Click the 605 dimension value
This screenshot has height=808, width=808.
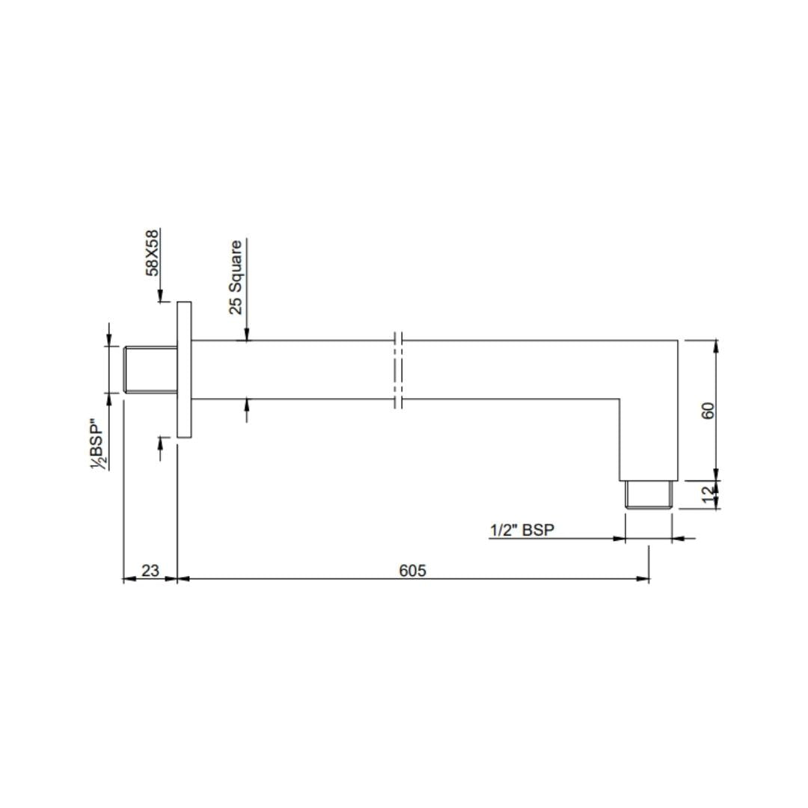click(x=412, y=570)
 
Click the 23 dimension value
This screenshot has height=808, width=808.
click(x=150, y=570)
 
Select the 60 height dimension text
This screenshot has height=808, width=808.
click(x=708, y=410)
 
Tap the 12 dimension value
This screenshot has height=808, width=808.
click(x=708, y=495)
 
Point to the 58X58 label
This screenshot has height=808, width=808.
click(x=153, y=252)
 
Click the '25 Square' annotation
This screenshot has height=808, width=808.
click(x=236, y=277)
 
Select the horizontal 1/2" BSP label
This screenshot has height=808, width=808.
click(x=521, y=530)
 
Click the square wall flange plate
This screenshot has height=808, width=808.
click(x=184, y=370)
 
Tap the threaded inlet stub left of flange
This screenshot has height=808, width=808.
click(x=150, y=370)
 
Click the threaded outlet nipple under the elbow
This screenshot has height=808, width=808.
click(x=649, y=495)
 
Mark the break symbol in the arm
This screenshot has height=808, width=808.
click(x=398, y=370)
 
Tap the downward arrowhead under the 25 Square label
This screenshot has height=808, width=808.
click(x=247, y=336)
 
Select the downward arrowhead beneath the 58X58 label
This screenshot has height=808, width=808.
click(x=160, y=298)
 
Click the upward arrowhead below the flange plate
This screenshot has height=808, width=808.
click(x=160, y=441)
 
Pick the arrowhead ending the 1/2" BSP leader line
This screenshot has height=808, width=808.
click(x=619, y=538)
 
